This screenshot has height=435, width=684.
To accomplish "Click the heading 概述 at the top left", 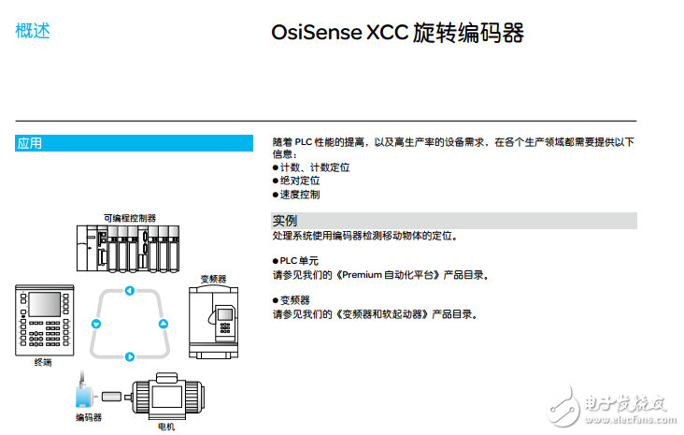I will [x=33, y=31].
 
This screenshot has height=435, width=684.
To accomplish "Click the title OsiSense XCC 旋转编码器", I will [x=397, y=35].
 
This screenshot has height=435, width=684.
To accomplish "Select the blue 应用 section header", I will [x=134, y=143].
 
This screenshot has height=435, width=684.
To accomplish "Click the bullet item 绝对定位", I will [x=299, y=181].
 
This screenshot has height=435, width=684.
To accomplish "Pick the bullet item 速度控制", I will [x=299, y=195].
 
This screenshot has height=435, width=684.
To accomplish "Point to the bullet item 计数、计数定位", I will [x=314, y=167].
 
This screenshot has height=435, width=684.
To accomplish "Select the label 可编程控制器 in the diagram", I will [x=130, y=217].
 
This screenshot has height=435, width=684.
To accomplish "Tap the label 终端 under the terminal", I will [x=42, y=362].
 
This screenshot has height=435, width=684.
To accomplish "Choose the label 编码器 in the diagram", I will [x=89, y=417].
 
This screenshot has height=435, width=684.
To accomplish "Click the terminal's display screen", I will [x=43, y=305].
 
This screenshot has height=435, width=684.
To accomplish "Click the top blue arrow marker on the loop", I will [x=130, y=290].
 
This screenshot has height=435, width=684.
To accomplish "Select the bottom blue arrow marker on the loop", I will [x=130, y=355].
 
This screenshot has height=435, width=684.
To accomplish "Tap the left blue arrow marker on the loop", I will [x=95, y=324].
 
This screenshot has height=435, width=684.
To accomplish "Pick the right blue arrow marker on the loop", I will [x=164, y=324].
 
